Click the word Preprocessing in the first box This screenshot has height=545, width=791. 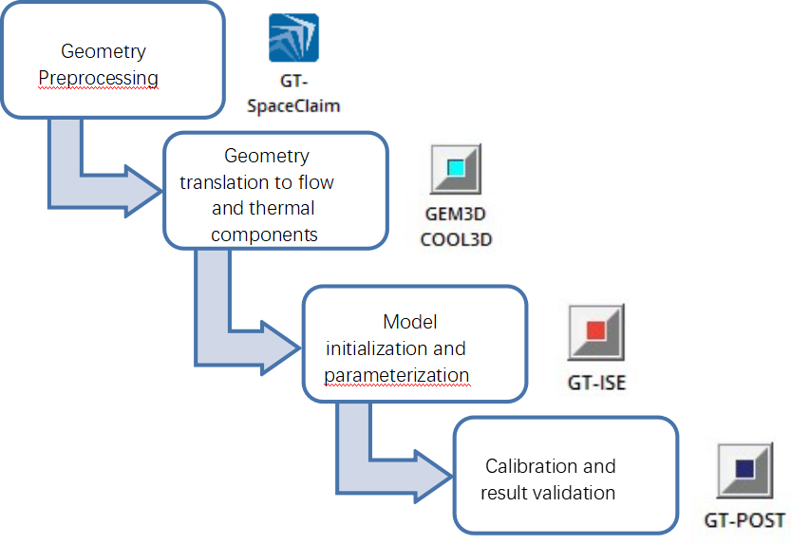(98, 77)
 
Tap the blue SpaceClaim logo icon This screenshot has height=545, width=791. (293, 38)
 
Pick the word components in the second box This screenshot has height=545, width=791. (264, 233)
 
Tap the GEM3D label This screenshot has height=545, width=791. (455, 215)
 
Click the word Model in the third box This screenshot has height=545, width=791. (410, 322)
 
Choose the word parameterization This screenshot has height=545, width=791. (397, 375)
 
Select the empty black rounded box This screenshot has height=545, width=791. (566, 475)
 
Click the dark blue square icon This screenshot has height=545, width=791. (744, 468)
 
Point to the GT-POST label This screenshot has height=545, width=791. (744, 520)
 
